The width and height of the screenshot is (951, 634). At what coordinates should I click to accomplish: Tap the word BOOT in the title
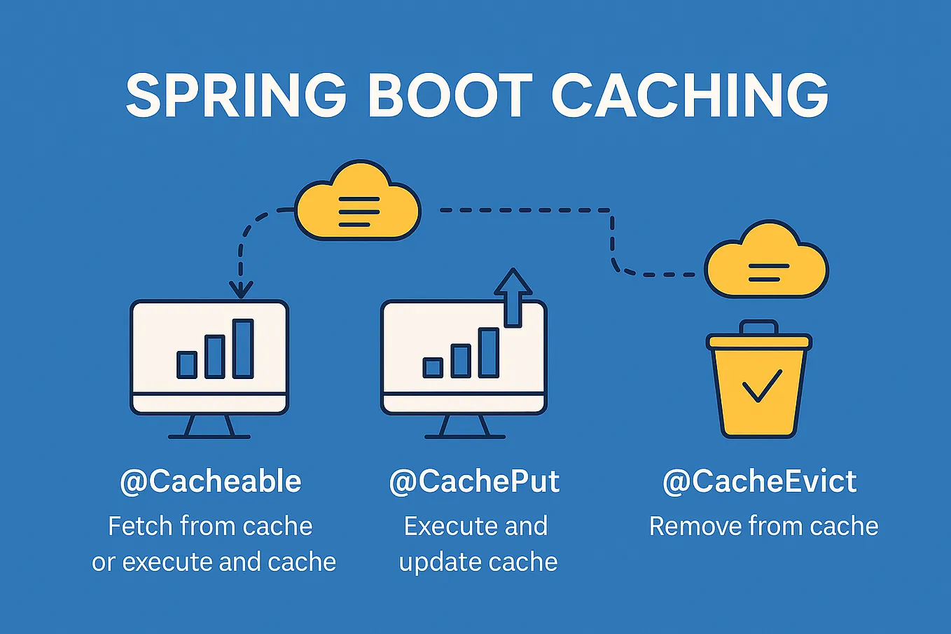click(450, 95)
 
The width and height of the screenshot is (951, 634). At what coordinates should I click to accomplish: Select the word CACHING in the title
click(689, 95)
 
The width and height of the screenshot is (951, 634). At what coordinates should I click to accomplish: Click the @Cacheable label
click(211, 481)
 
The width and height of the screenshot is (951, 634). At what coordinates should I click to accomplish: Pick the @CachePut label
click(474, 481)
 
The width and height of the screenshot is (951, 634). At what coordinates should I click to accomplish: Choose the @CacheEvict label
click(760, 481)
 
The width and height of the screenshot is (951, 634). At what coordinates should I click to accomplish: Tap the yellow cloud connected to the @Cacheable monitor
click(357, 203)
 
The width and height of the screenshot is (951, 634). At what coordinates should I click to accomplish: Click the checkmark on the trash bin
click(761, 386)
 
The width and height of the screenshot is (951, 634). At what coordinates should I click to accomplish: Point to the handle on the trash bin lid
click(759, 327)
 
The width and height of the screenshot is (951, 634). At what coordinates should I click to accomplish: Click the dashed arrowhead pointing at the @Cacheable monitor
click(241, 288)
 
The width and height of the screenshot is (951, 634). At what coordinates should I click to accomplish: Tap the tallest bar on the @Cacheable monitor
click(243, 348)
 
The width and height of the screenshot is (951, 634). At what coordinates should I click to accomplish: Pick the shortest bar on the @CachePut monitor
click(433, 367)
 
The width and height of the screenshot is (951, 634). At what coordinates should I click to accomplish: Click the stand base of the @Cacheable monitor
click(209, 436)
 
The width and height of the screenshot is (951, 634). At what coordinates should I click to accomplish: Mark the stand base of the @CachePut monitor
click(464, 436)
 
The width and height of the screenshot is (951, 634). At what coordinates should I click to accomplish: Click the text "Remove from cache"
click(763, 526)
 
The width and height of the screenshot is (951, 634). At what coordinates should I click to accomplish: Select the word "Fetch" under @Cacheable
click(140, 526)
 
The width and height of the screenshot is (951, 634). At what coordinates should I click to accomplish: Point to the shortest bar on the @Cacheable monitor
click(187, 364)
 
